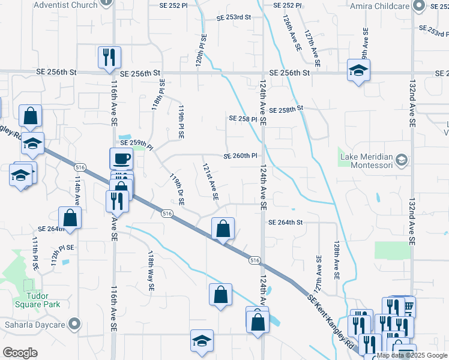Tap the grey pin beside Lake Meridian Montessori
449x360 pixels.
pos(402,160)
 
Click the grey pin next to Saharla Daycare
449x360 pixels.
pos(74,325)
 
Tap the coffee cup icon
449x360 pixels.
pos(121,158)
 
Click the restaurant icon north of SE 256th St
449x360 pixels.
pos(110,56)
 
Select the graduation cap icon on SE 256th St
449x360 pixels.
pos(358,70)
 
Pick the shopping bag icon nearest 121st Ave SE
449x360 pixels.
pos(223,228)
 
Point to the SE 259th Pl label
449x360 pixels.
pos(137,143)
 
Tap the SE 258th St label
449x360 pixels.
pos(287,110)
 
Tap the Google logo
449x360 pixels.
pos(20,352)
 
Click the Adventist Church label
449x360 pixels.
pos(66,5)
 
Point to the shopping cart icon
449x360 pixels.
pos(408,307)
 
